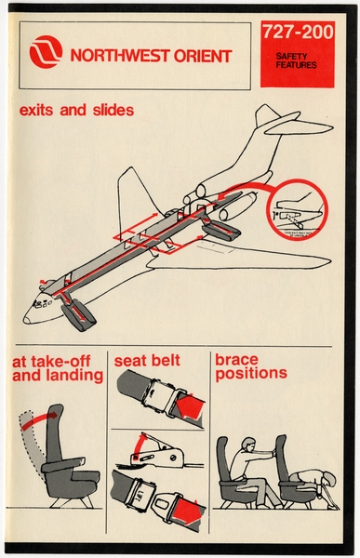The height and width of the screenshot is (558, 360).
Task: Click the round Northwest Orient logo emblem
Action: point(46,54)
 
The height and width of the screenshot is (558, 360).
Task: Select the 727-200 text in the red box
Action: point(297,33)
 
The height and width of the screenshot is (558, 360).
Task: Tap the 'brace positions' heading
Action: point(248,368)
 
